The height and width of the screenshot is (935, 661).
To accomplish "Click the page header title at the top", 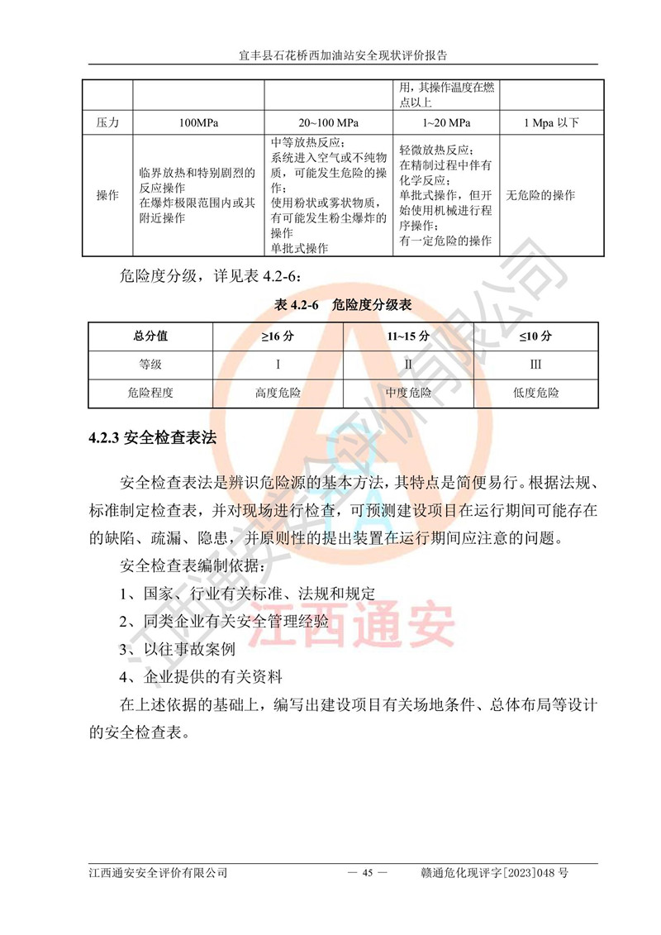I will point(330,56).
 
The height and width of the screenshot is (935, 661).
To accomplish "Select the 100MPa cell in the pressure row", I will point(198,123).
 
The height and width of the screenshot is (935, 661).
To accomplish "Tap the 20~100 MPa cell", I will point(329,123).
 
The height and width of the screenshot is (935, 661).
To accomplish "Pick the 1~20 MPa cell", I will point(446,123).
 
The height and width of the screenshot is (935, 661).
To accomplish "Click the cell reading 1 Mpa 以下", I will point(551,123).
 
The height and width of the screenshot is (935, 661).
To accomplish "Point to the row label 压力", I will point(108,123).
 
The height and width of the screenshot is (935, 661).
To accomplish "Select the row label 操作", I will point(108,196).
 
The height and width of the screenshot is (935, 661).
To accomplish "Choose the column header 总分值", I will point(150,336).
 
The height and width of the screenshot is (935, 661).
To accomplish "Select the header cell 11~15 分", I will point(408,336).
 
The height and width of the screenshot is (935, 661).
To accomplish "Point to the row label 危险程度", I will point(150,393).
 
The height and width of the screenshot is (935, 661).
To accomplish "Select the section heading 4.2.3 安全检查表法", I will point(153,438).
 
